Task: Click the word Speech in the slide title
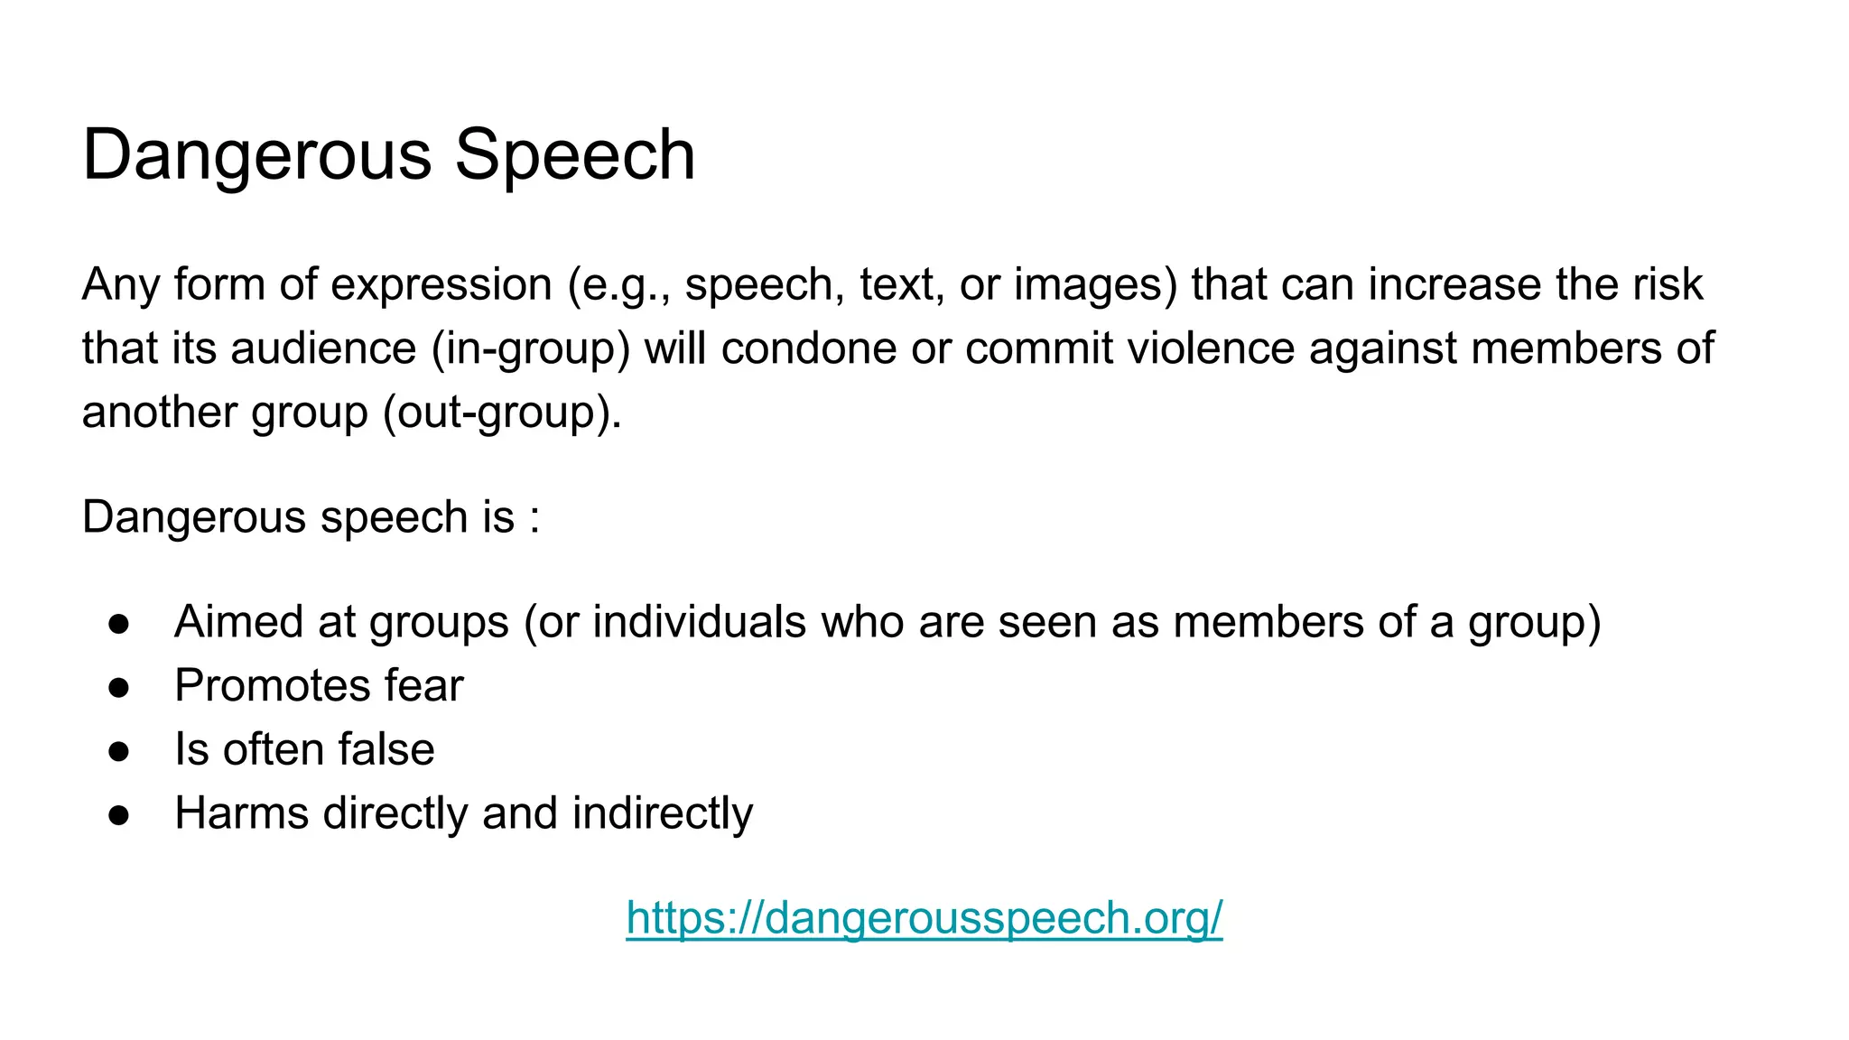point(574,155)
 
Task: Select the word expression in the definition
point(441,285)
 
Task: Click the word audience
point(324,349)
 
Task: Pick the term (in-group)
point(531,349)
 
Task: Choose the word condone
point(808,349)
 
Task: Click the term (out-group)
point(502,413)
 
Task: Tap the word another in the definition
point(159,413)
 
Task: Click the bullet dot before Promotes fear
point(119,687)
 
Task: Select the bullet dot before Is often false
point(119,751)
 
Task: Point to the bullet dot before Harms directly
point(119,815)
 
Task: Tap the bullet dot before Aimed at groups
point(119,623)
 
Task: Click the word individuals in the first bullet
point(699,622)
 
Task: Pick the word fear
point(423,685)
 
